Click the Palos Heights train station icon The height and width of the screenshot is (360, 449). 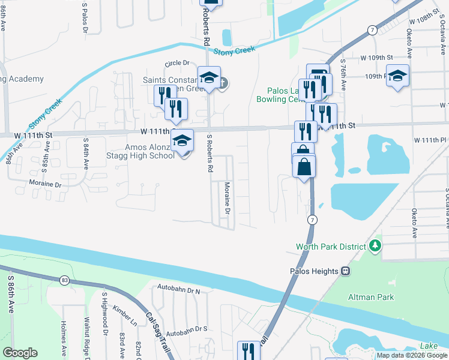(x=346, y=271)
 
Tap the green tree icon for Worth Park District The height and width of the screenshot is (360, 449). (x=375, y=245)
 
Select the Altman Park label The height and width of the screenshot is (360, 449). (x=371, y=297)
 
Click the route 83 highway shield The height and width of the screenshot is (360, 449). (x=64, y=280)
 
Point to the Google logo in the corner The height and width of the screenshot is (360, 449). (x=20, y=353)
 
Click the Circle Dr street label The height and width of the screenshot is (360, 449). (x=177, y=62)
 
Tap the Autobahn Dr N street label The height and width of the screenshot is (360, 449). (x=178, y=291)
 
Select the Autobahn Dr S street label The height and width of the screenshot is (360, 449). (x=187, y=329)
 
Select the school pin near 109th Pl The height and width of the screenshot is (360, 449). (x=397, y=76)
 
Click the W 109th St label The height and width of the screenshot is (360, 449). (x=376, y=57)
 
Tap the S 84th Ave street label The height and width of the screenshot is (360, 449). (x=86, y=152)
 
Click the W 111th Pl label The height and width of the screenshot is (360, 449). (x=431, y=140)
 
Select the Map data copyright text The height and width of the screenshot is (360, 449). (x=412, y=355)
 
